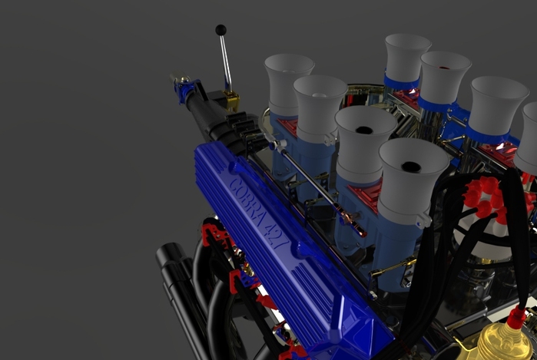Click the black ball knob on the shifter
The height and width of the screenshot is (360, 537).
click(221, 30)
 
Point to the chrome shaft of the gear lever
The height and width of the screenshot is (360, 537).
click(225, 63)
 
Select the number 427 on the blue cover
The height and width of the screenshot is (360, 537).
click(276, 236)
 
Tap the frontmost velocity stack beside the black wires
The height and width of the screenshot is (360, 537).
click(413, 180)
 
